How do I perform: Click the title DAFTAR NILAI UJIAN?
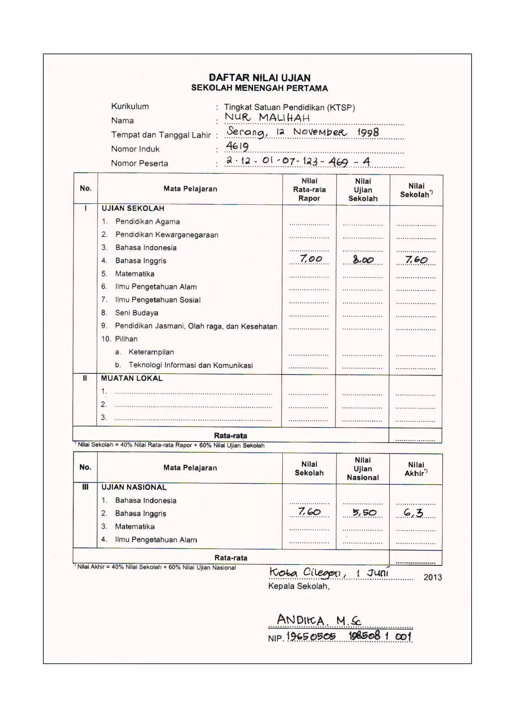259,78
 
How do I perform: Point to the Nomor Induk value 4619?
237,146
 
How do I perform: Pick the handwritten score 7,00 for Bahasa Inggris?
311,259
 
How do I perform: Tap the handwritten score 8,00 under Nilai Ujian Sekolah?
363,260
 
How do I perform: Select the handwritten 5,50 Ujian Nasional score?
364,512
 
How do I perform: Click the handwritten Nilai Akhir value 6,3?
413,513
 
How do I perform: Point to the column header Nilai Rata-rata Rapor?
309,189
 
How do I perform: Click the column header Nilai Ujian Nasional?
363,469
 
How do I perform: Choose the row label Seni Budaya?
137,313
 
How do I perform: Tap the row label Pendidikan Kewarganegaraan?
167,235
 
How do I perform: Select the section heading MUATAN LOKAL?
132,378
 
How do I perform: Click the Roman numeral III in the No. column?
85,487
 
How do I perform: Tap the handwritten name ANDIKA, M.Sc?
318,620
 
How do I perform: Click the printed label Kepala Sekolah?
298,586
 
